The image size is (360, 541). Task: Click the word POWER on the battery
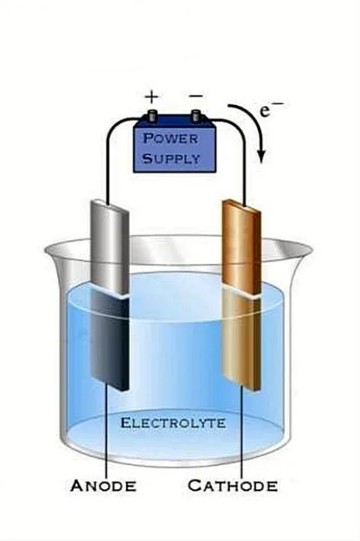tap(171, 138)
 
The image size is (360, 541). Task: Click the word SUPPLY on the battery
tap(172, 158)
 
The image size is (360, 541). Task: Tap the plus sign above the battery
tap(151, 98)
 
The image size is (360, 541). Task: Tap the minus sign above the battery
tap(196, 95)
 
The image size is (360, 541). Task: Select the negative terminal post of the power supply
tap(196, 116)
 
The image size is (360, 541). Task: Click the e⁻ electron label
tap(271, 110)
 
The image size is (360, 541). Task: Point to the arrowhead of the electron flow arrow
tap(262, 156)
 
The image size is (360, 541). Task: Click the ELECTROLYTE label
tap(173, 423)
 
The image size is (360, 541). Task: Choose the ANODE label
tap(103, 485)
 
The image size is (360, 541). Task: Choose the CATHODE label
tap(232, 485)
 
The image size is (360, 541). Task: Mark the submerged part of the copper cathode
tap(241, 340)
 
